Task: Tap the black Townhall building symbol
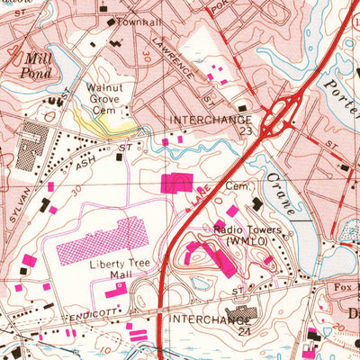112,21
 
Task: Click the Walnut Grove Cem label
100,98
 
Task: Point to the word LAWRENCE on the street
172,55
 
